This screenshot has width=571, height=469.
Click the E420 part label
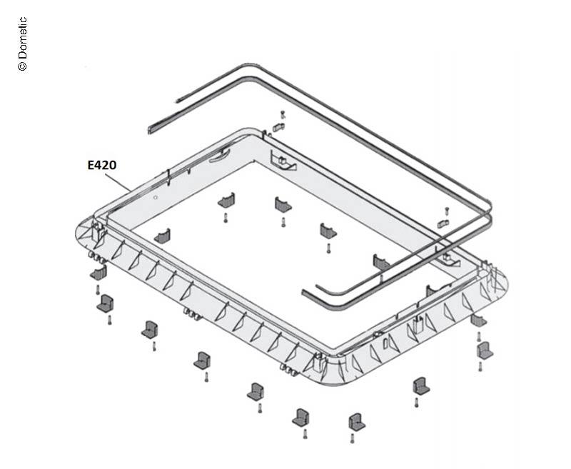(102, 166)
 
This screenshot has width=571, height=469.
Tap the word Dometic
(22, 38)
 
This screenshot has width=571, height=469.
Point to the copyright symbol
(22, 66)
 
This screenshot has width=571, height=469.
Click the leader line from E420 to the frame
(118, 182)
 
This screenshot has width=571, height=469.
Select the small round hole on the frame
(156, 198)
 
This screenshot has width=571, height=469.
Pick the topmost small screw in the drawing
(283, 114)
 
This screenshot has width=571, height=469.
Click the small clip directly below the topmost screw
(278, 127)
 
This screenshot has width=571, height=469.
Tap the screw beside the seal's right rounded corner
(447, 211)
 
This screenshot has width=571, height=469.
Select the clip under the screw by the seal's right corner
(443, 223)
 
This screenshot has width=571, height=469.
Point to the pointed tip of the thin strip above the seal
(177, 101)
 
